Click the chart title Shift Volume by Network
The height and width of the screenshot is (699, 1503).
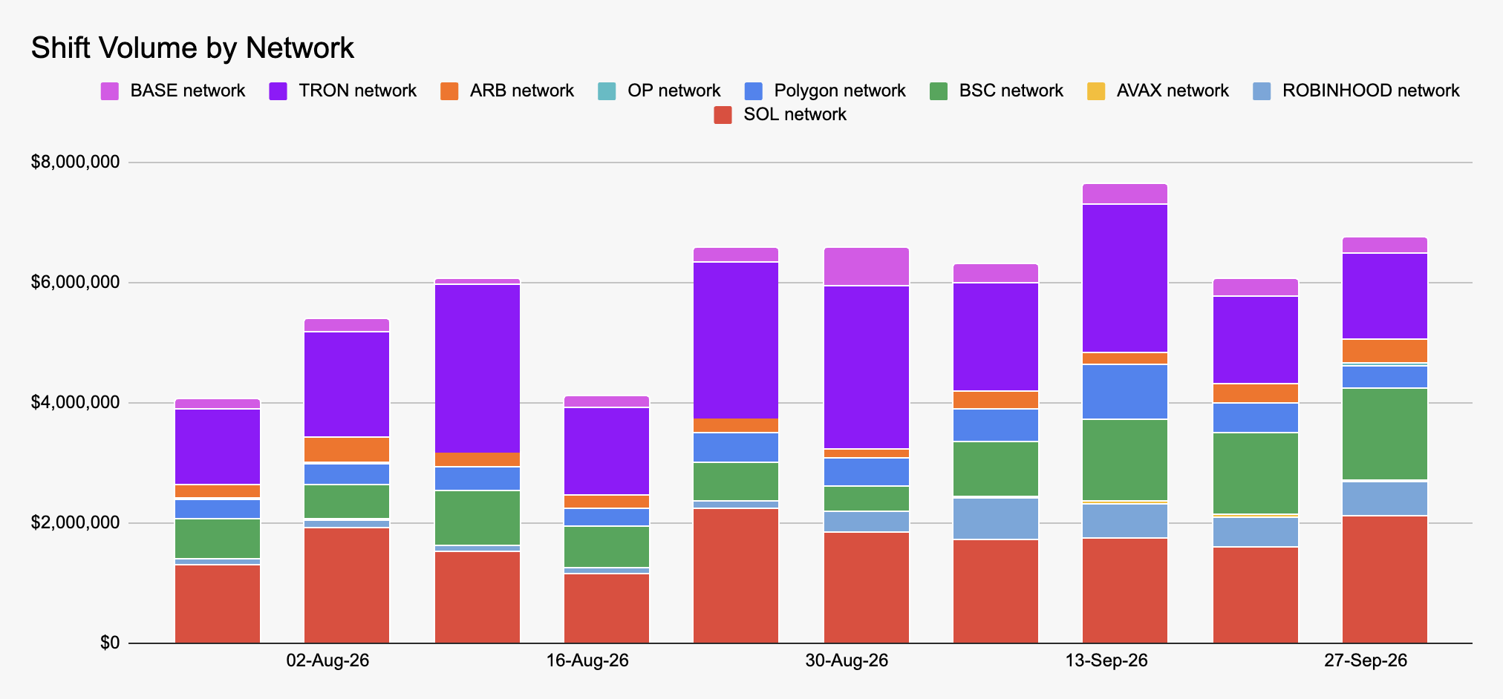click(x=192, y=48)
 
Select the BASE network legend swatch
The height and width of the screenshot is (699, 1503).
click(x=110, y=91)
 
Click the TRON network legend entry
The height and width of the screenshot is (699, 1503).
click(x=343, y=91)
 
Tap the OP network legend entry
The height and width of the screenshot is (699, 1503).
click(x=659, y=91)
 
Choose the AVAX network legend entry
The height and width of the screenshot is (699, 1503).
click(x=1158, y=91)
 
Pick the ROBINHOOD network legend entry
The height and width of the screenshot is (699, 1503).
click(x=1356, y=91)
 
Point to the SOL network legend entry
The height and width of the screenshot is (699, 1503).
click(x=780, y=115)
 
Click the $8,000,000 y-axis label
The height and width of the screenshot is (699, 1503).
click(x=75, y=162)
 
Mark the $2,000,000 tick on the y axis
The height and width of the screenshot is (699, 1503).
click(x=75, y=522)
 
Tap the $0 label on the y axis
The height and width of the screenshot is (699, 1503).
click(x=110, y=643)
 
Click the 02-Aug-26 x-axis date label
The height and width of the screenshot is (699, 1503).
click(x=327, y=660)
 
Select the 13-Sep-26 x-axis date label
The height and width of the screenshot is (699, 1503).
click(x=1106, y=660)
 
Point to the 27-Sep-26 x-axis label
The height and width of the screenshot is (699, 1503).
click(x=1366, y=660)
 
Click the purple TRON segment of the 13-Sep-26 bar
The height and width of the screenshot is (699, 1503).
click(x=1125, y=278)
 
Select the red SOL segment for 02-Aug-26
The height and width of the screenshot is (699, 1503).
click(x=347, y=585)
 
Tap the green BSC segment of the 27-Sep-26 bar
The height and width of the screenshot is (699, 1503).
click(x=1385, y=434)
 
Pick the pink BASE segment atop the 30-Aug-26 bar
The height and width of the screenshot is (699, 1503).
click(x=867, y=266)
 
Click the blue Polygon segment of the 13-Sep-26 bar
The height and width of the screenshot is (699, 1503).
click(x=1125, y=392)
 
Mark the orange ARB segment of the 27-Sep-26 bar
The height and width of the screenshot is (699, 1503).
click(x=1385, y=351)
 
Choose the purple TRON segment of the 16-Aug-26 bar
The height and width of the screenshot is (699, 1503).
click(x=607, y=451)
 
